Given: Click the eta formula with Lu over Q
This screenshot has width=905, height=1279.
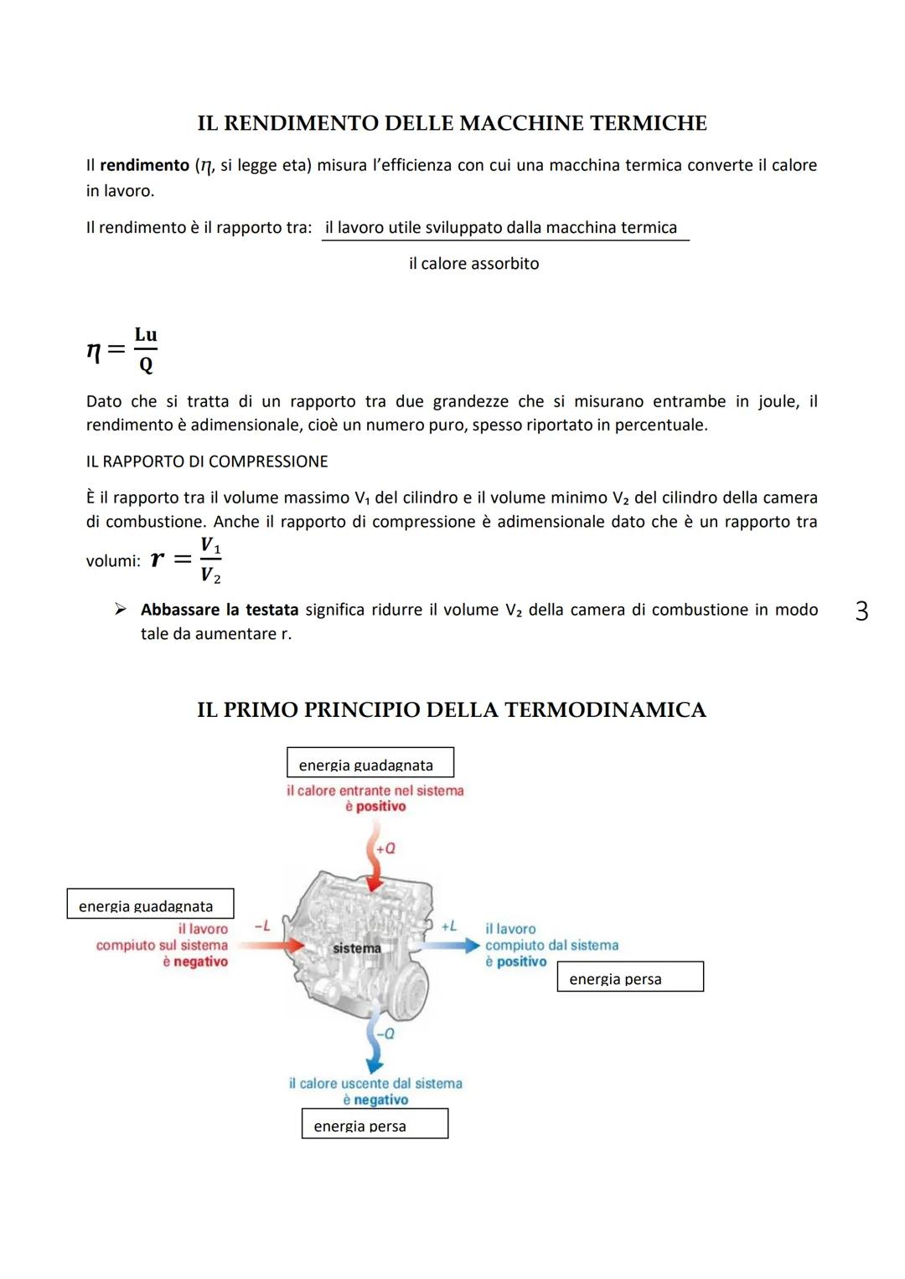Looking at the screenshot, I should [122, 349].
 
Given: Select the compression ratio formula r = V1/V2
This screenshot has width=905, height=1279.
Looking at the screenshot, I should [186, 560].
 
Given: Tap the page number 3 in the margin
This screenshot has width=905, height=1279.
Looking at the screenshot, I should [861, 611].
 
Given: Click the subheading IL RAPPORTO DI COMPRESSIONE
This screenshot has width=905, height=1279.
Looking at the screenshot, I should [207, 462].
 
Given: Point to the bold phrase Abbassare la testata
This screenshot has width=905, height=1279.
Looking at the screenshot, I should [220, 610].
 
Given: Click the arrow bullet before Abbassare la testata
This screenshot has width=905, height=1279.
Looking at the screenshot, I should [121, 609].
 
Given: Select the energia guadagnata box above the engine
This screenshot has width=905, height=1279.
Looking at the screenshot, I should [370, 763].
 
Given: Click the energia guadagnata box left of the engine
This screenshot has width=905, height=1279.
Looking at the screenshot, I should [150, 904].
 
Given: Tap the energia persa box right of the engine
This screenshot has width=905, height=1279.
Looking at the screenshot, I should [630, 977].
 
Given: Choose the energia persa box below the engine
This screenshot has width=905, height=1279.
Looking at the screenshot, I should [375, 1124].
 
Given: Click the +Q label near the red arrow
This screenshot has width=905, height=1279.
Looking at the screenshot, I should [385, 848].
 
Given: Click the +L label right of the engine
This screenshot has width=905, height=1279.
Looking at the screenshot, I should [449, 926].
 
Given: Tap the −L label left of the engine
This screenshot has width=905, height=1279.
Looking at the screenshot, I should [262, 926].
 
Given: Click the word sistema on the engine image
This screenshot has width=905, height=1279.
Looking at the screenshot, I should [357, 948].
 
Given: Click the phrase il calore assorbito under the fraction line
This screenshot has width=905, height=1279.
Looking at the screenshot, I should [473, 264].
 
